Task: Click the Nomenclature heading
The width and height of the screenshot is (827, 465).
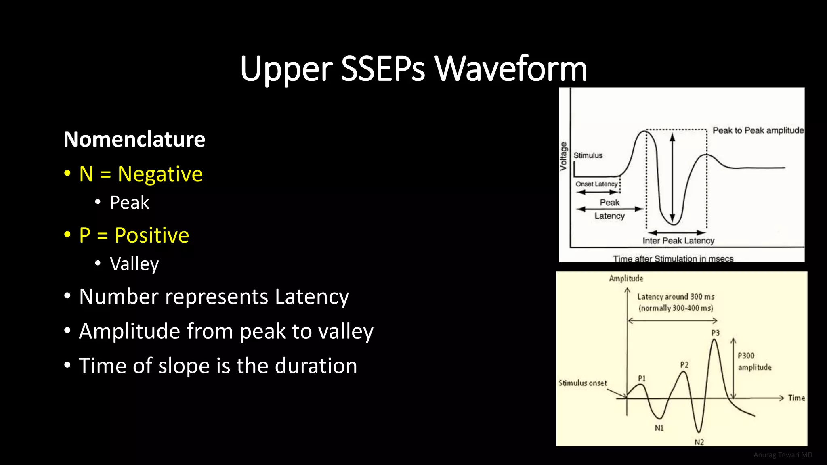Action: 134,139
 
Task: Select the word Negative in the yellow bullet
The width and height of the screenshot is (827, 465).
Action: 160,174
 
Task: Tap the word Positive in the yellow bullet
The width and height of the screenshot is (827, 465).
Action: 151,235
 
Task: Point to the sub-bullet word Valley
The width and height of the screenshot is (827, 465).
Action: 134,264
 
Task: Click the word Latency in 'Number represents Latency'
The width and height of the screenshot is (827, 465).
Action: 312,297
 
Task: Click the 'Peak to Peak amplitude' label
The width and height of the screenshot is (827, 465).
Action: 758,130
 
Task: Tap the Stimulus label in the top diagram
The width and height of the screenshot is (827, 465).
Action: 588,155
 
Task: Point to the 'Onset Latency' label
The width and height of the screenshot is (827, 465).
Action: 596,184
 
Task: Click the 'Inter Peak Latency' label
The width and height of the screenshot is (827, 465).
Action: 678,241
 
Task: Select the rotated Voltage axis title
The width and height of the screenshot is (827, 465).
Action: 563,156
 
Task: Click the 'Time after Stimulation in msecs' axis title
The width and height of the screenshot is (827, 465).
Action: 673,258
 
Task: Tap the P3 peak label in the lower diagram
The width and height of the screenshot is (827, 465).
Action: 715,333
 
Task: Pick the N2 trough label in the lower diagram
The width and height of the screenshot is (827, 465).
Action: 699,442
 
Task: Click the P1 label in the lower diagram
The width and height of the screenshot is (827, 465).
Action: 642,378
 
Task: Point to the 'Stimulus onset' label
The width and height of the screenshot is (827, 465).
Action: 582,383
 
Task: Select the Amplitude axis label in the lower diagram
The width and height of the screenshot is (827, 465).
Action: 626,279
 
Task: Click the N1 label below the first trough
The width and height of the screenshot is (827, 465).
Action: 659,428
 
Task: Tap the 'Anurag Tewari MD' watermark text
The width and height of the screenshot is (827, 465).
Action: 783,455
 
